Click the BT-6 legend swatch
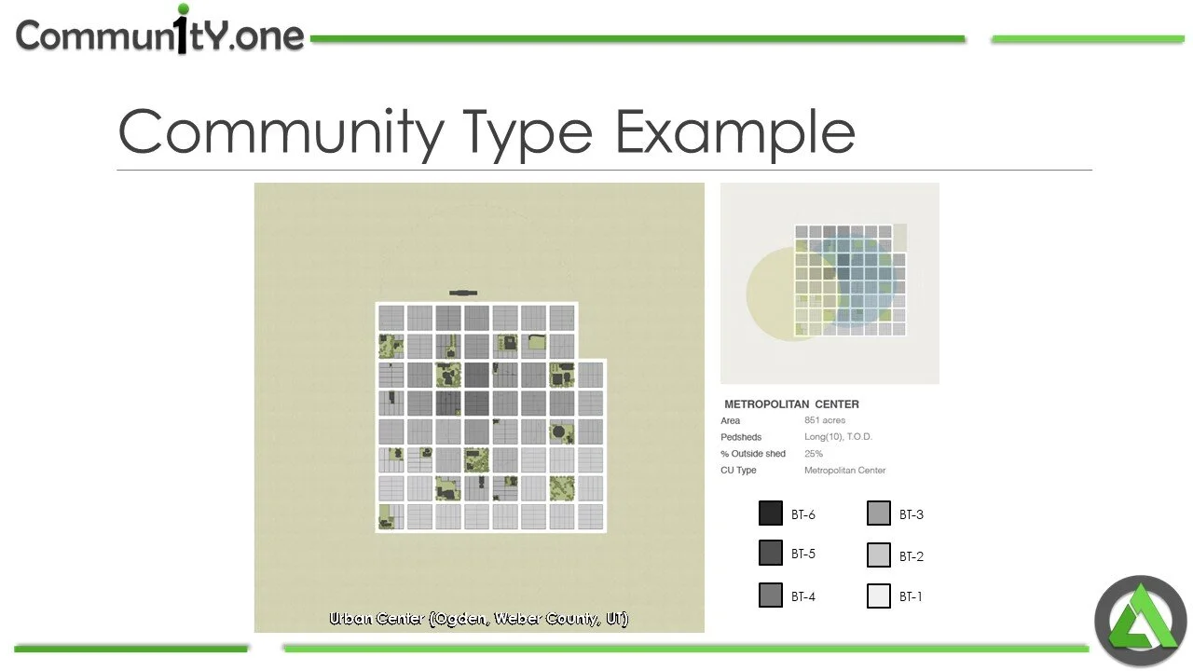[771, 514]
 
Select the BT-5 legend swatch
[771, 553]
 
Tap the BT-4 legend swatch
[771, 596]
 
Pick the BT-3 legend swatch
[879, 514]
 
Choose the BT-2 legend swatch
[879, 555]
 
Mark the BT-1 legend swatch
[879, 596]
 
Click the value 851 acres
[825, 420]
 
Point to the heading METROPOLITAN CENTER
[791, 404]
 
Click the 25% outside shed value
[814, 454]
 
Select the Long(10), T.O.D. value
[838, 437]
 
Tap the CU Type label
[738, 471]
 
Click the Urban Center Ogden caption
[479, 619]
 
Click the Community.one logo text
[160, 34]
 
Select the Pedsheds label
[741, 437]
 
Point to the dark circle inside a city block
[561, 432]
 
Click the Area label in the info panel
[730, 421]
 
